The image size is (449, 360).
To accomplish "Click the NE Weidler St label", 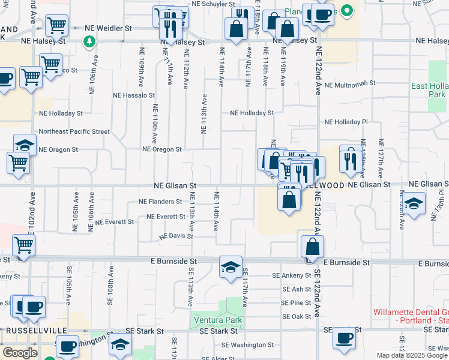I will point(108,28).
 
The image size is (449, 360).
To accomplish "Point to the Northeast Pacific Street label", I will point(74,131).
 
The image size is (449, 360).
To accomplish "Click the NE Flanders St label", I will point(160,202).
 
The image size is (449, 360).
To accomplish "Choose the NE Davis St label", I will point(176,236).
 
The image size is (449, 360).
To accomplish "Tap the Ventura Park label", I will point(217,320).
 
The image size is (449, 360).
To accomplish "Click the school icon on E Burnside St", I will point(231,268).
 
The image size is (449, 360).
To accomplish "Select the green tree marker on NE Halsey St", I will point(89,41).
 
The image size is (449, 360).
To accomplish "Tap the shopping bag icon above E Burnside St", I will point(313,246).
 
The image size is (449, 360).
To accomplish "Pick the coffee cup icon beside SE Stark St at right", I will point(345,338).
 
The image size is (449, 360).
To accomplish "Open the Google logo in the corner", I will point(19,352).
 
